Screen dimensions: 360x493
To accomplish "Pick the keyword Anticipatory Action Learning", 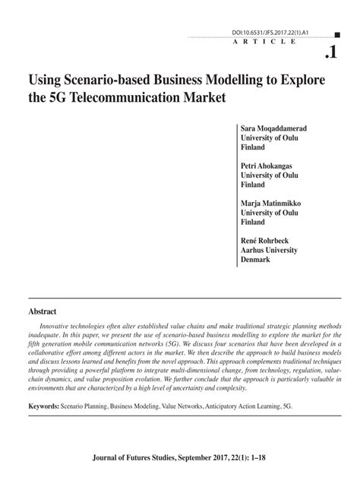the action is tap(242, 406).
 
